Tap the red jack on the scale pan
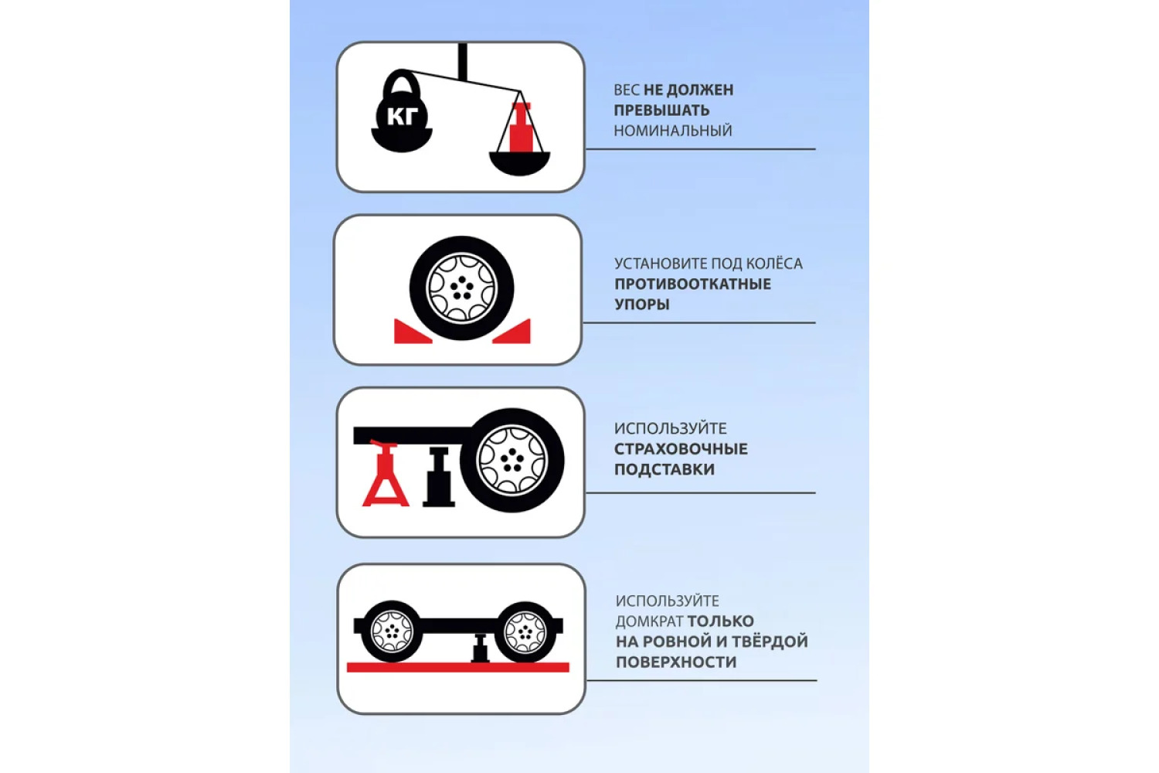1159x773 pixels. pyautogui.click(x=520, y=128)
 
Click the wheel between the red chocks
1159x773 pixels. pyautogui.click(x=461, y=288)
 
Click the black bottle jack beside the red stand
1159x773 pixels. pyautogui.click(x=439, y=476)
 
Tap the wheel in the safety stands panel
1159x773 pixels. pyautogui.click(x=512, y=460)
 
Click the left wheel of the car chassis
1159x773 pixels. pyautogui.click(x=392, y=631)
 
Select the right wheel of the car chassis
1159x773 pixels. pyautogui.click(x=525, y=632)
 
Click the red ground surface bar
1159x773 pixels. pyautogui.click(x=458, y=667)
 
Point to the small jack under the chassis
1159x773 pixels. pyautogui.click(x=480, y=648)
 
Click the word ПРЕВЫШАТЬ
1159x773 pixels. pyautogui.click(x=661, y=111)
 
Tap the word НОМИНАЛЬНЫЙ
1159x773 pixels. pyautogui.click(x=673, y=131)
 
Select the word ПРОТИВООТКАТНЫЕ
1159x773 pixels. pyautogui.click(x=693, y=284)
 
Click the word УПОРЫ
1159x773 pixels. pyautogui.click(x=642, y=305)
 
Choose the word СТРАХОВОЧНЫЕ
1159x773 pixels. pyautogui.click(x=681, y=449)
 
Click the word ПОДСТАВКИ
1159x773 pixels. pyautogui.click(x=664, y=470)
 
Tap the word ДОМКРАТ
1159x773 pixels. pyautogui.click(x=649, y=621)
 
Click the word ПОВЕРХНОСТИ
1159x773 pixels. pyautogui.click(x=676, y=662)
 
